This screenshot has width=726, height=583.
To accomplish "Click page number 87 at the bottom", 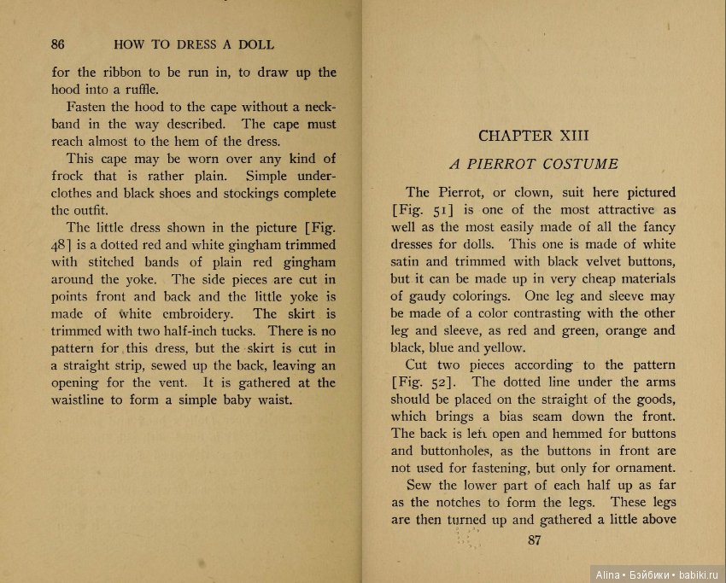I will [536, 539].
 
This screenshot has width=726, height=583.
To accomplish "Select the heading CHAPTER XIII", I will [534, 136].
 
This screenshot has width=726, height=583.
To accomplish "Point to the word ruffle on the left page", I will [138, 88].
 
